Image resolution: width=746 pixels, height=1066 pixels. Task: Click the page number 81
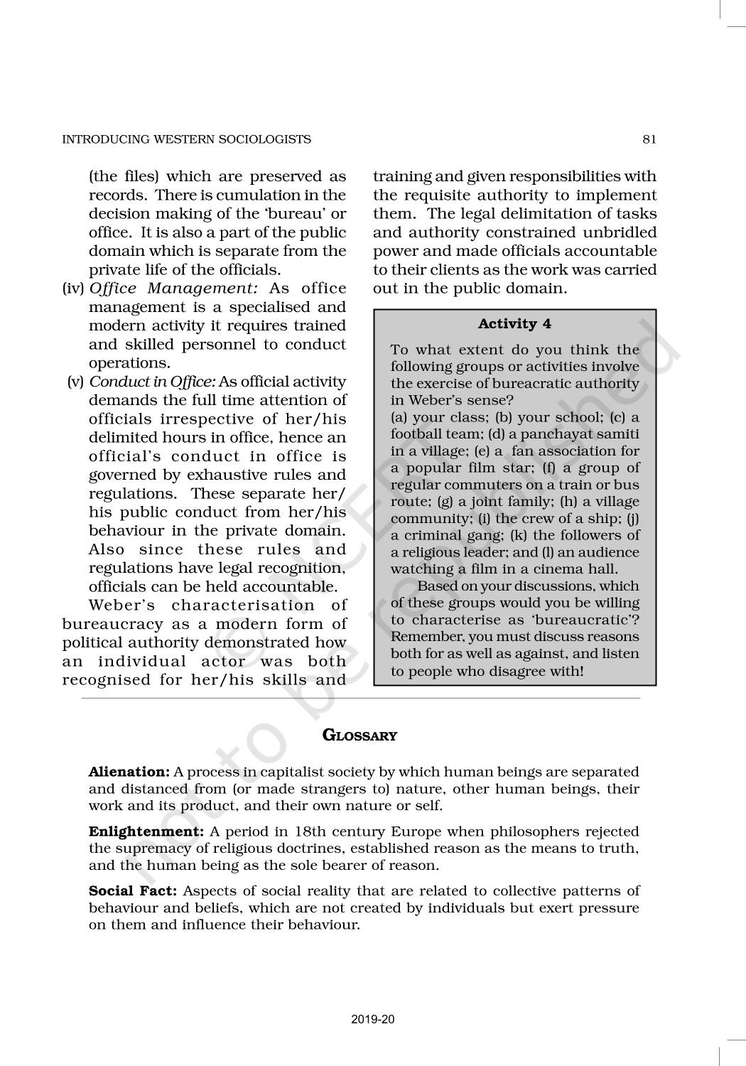point(649,139)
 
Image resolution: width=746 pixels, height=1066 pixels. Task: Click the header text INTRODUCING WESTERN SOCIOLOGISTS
point(187,139)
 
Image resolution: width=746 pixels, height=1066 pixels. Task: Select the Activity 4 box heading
point(514,324)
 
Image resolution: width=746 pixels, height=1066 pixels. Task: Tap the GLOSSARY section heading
point(360,736)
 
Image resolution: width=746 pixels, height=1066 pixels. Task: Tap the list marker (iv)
point(74,289)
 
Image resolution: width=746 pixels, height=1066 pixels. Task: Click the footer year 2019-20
point(373,1020)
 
